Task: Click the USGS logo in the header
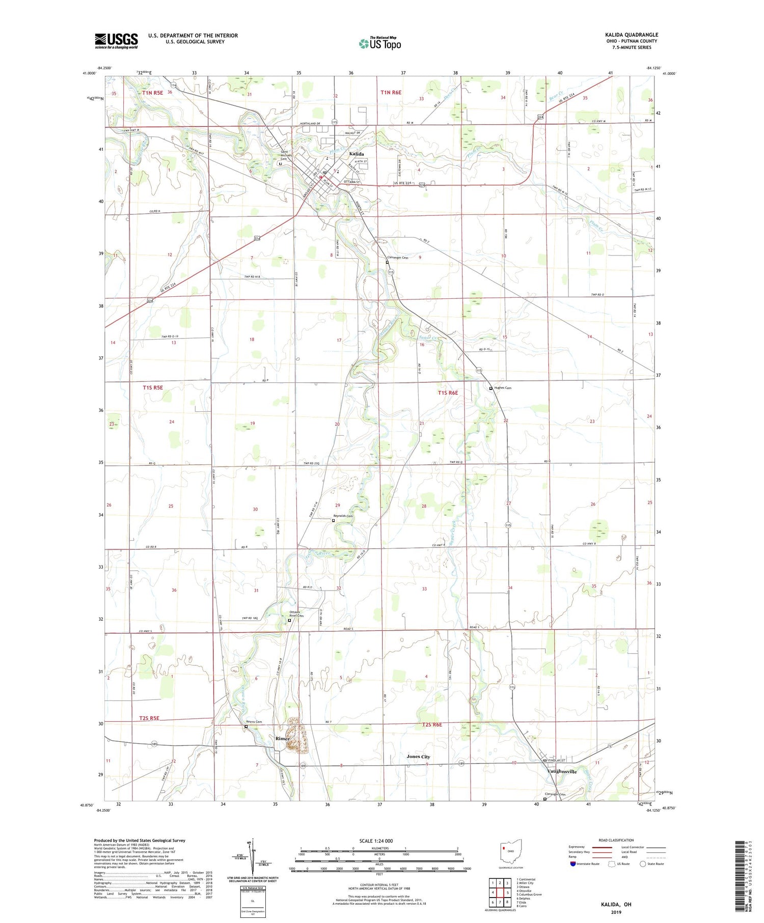(x=116, y=41)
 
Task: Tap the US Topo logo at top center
(x=380, y=43)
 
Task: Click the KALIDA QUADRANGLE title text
(x=629, y=35)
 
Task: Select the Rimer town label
(x=282, y=739)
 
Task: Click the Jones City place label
(x=418, y=757)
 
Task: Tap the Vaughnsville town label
(x=562, y=771)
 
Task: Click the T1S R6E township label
(x=448, y=393)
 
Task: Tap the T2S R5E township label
(x=149, y=718)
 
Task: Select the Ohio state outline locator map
(x=511, y=851)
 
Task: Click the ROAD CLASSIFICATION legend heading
(x=616, y=840)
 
